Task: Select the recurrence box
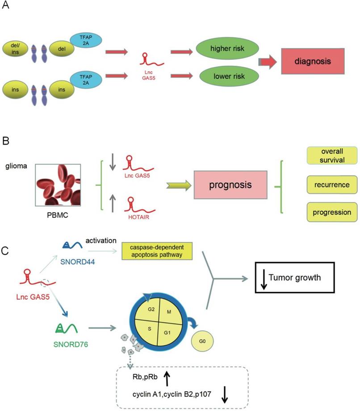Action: [332, 184]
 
